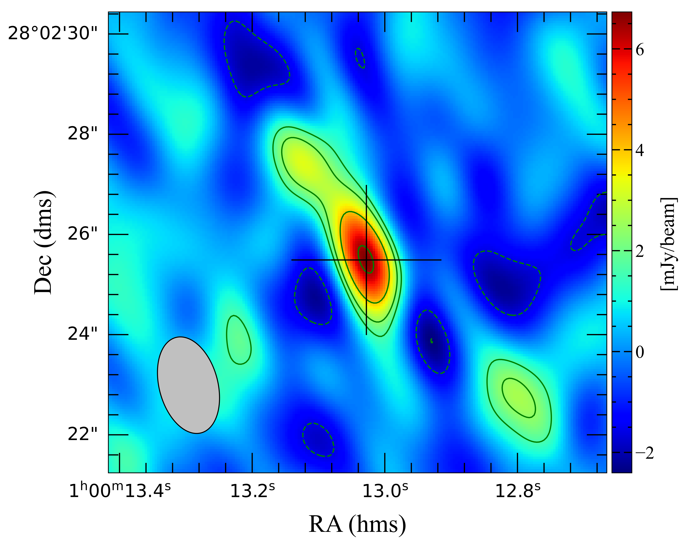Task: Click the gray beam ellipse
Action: point(188,385)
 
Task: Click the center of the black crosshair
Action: point(367,260)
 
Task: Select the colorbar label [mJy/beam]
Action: point(669,244)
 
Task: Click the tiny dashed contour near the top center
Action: point(360,58)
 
